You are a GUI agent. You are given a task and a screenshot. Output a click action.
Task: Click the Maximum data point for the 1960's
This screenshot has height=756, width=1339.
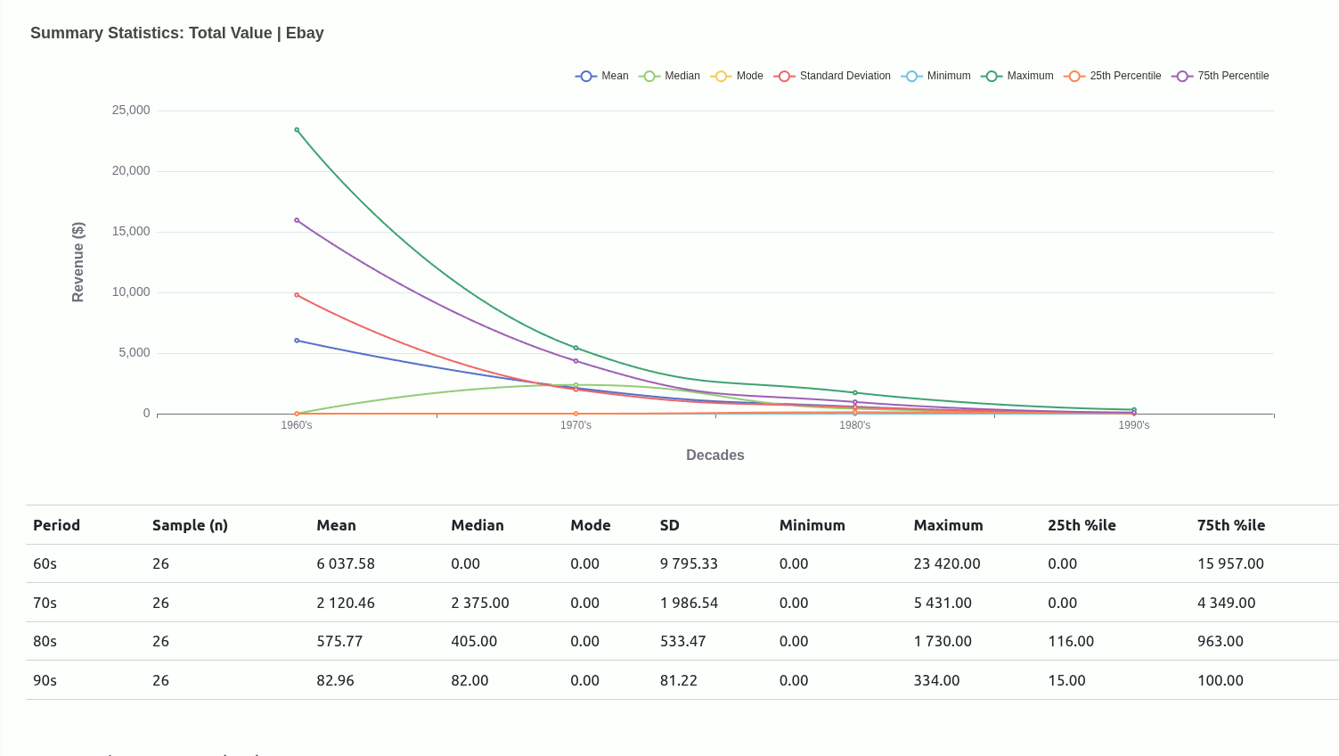click(297, 130)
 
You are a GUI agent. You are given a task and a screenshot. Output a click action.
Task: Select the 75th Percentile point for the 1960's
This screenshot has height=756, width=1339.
click(297, 220)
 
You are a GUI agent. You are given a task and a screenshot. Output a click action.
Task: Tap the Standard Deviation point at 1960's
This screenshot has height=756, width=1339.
click(297, 295)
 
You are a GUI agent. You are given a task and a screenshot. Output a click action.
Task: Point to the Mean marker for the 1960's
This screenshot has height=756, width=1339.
click(297, 341)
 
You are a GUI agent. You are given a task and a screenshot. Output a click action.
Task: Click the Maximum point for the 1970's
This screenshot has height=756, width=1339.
click(576, 348)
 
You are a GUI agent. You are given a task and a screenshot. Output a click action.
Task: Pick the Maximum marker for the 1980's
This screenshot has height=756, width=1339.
click(855, 393)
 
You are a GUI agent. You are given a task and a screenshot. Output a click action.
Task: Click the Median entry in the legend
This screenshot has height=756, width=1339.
click(670, 76)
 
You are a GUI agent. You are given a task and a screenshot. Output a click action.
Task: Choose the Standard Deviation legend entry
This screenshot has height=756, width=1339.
click(833, 76)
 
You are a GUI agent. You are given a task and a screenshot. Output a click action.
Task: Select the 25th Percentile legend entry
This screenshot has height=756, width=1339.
click(1113, 76)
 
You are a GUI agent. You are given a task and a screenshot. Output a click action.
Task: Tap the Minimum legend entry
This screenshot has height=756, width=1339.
click(936, 76)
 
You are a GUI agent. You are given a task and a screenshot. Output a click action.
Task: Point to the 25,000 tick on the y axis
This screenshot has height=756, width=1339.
click(131, 111)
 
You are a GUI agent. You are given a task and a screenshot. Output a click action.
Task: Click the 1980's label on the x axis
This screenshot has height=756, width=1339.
click(855, 425)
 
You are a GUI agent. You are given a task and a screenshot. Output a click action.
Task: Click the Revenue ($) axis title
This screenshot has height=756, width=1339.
click(78, 262)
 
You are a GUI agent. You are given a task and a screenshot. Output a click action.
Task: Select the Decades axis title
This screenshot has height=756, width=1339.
click(715, 455)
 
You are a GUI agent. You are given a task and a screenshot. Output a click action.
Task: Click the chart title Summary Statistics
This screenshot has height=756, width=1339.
click(177, 33)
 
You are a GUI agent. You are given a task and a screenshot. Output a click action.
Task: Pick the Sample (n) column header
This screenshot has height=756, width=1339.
click(190, 525)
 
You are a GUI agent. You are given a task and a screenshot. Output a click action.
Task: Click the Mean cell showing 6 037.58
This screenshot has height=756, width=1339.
click(346, 563)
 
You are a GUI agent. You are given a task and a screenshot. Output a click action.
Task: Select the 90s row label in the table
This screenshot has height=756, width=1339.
click(45, 680)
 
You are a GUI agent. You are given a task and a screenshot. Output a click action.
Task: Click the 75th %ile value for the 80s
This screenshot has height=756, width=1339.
click(1221, 641)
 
